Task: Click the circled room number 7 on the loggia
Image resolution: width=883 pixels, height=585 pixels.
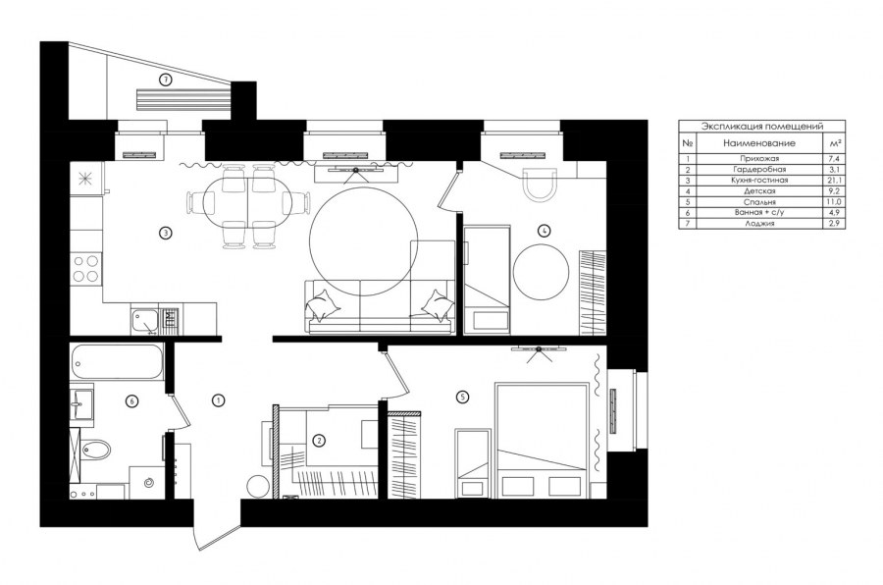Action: click(165, 80)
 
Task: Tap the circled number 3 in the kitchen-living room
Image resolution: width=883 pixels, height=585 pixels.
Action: click(165, 233)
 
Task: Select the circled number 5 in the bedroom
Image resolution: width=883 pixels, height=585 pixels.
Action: click(462, 398)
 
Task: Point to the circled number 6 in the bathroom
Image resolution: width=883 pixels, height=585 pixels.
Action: click(131, 401)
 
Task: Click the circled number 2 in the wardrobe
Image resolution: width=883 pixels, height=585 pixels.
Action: click(319, 440)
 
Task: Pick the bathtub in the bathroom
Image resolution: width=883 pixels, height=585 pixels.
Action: click(117, 361)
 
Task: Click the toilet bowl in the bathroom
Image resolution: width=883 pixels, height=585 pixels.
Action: click(95, 450)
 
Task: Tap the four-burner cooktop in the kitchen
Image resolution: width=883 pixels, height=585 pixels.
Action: click(85, 268)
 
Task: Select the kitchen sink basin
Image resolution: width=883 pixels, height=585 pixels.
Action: click(144, 322)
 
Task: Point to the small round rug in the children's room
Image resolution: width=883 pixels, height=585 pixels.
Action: click(542, 272)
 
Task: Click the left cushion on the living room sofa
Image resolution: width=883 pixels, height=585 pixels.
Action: click(323, 305)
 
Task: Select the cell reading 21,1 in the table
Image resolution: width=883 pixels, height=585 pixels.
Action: click(833, 181)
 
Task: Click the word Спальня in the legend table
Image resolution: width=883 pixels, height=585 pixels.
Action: click(759, 202)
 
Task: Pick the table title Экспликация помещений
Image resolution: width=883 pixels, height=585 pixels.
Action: click(762, 127)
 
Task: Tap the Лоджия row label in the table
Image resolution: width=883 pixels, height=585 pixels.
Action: click(759, 223)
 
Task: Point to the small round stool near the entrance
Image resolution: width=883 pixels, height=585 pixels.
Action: click(258, 487)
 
